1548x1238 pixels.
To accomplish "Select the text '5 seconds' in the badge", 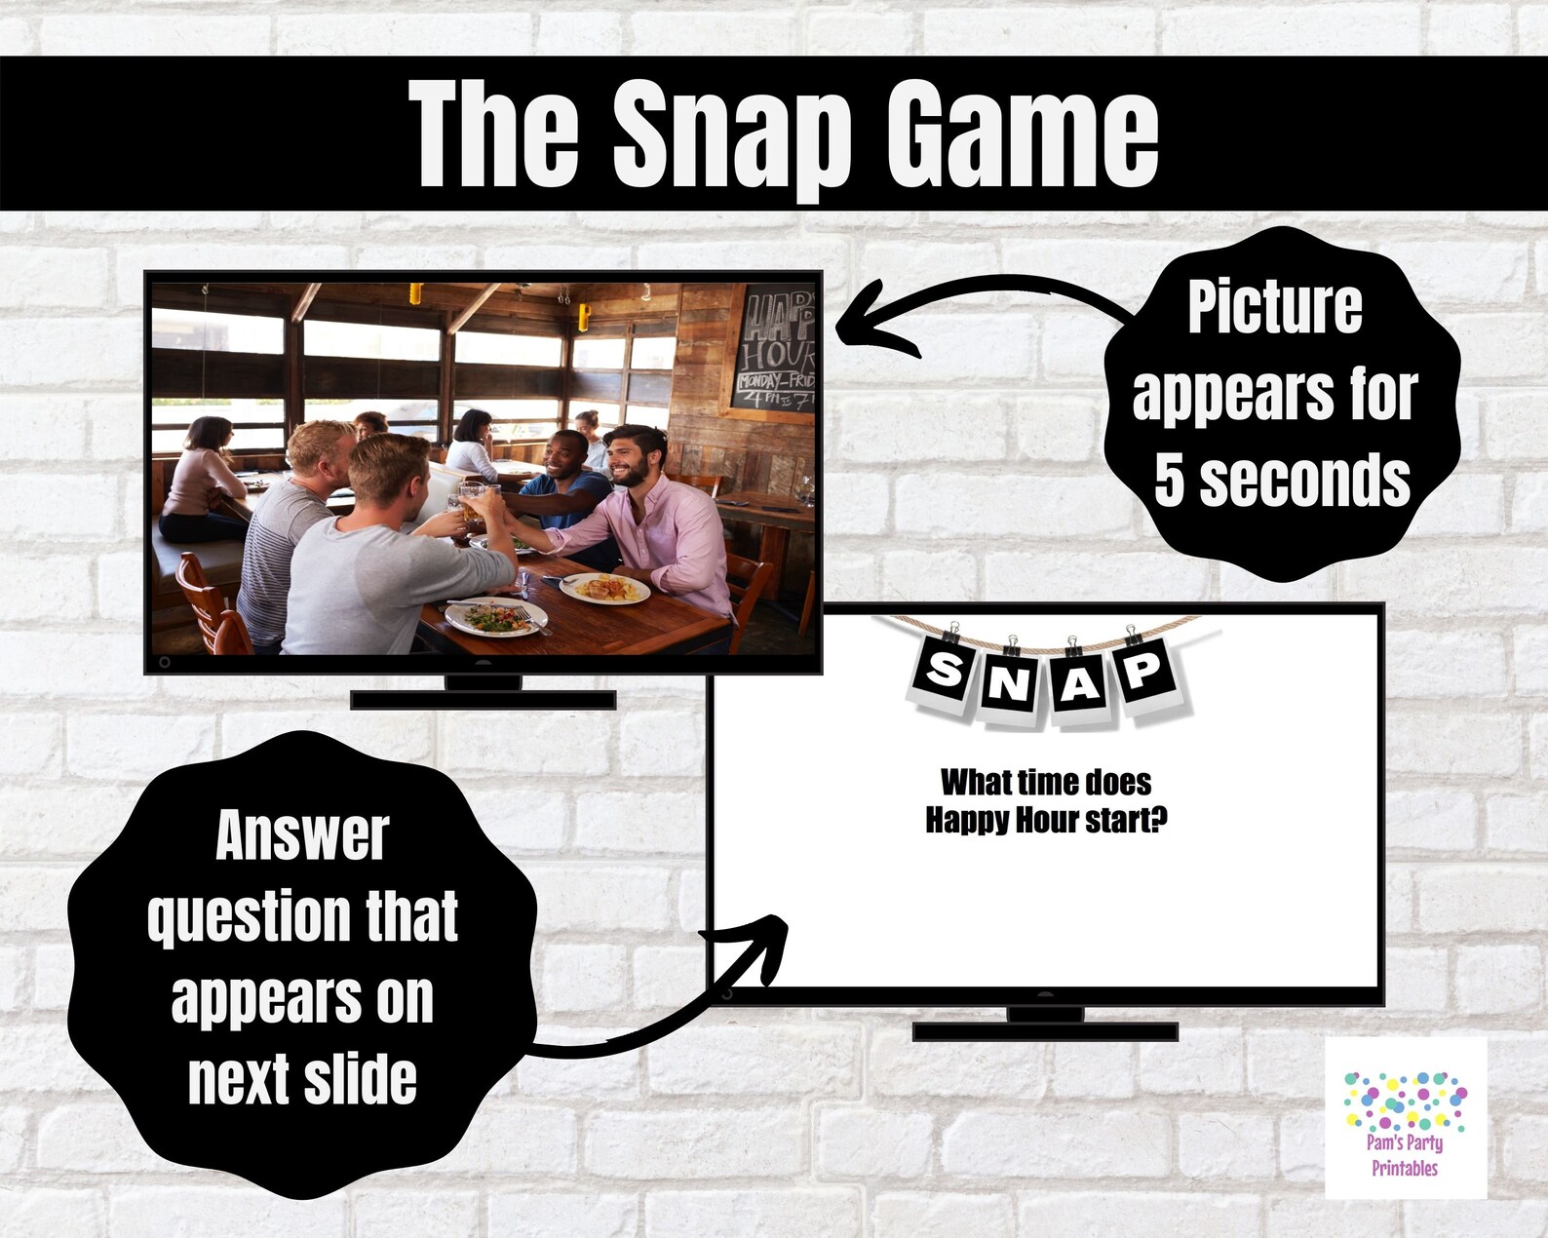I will click(x=1281, y=480).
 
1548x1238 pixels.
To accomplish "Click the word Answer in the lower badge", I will click(x=302, y=835).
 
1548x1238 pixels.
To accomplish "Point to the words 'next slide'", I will click(x=302, y=1079).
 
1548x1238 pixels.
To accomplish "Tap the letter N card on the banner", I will click(x=1010, y=683).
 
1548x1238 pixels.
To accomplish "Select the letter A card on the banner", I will click(x=1080, y=683).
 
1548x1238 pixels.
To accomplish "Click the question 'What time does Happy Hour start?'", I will click(x=1046, y=801).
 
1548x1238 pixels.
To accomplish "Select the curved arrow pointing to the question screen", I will click(x=673, y=1004).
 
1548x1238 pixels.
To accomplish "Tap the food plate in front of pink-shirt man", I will click(x=604, y=588).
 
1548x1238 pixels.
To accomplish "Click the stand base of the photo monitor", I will click(x=483, y=699).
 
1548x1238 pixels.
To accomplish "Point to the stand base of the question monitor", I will click(x=1045, y=1030).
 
